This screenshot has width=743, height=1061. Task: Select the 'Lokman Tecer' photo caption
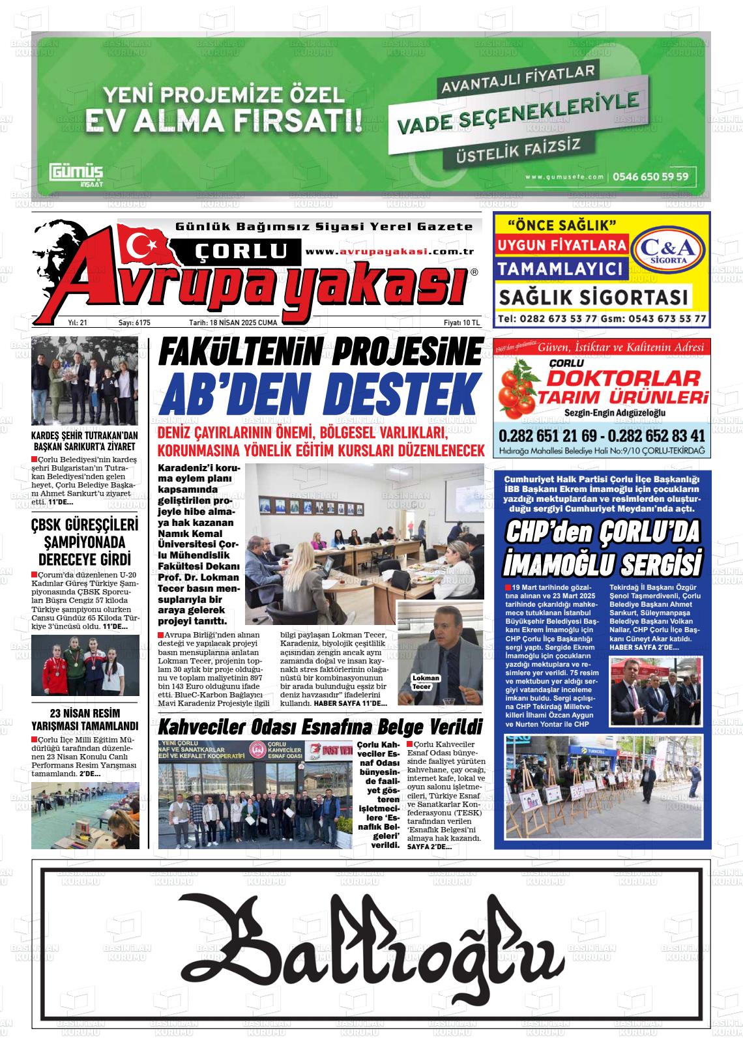pyautogui.click(x=426, y=682)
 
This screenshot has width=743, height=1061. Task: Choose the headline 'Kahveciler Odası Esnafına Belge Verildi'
pyautogui.click(x=320, y=727)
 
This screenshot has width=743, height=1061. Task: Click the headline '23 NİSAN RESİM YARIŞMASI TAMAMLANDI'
pyautogui.click(x=85, y=719)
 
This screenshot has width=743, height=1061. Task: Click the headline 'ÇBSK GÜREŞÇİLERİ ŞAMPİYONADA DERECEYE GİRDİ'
pyautogui.click(x=85, y=542)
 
